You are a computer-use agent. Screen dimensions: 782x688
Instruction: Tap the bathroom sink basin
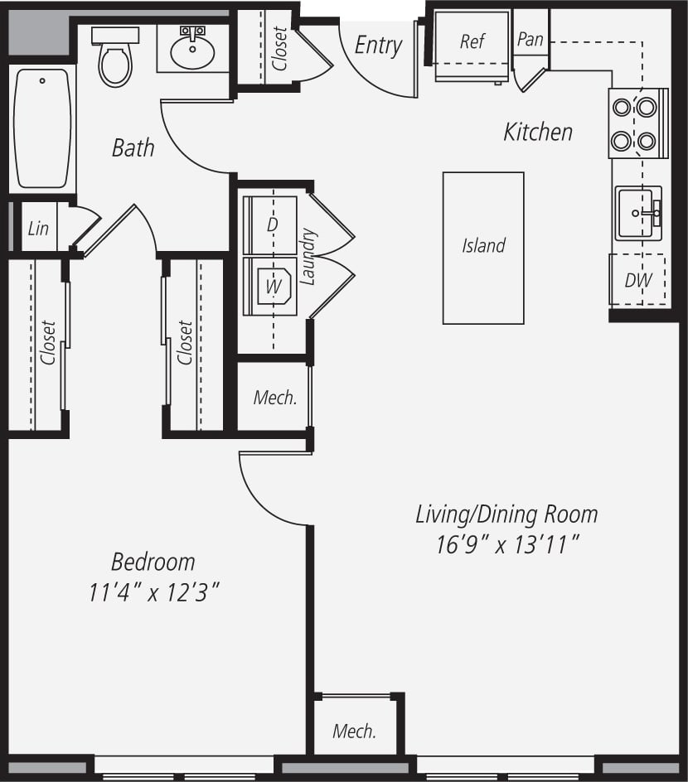tap(192, 52)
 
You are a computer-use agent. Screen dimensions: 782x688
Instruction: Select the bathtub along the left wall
tap(42, 128)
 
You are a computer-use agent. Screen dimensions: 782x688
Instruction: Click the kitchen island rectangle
tap(483, 247)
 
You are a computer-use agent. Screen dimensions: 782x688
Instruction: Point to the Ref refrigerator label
tap(472, 41)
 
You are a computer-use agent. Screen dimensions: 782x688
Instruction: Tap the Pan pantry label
tap(530, 39)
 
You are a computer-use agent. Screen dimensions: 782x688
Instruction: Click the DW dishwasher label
tap(637, 280)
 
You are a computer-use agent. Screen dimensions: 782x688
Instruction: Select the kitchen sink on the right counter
tap(638, 213)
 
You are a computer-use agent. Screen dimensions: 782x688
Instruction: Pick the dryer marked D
tap(269, 225)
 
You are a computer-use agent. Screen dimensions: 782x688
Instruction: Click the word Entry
tap(378, 46)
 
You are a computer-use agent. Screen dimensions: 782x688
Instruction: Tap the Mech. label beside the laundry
tap(274, 398)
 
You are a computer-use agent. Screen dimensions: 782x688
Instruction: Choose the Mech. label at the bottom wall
tap(354, 731)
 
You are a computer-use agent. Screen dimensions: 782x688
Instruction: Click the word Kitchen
tap(538, 132)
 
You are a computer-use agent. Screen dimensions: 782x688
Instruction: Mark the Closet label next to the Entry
tap(279, 48)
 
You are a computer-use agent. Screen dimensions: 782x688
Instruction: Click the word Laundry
tap(308, 258)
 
